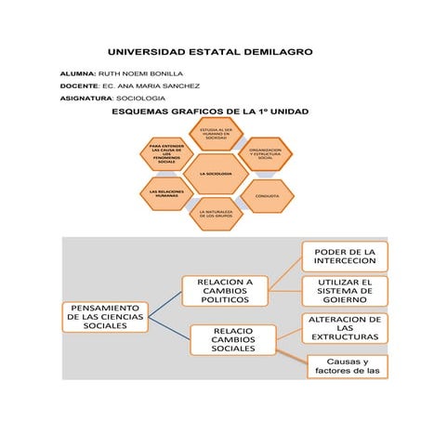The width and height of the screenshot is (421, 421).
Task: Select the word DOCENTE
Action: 78,86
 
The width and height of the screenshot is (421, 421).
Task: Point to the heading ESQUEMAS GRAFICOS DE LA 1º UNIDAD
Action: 210,112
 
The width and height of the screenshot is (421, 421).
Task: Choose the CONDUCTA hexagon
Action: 267,196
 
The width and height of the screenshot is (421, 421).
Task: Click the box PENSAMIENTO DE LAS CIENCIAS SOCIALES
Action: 104,316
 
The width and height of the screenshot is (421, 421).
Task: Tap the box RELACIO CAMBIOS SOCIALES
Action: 227,339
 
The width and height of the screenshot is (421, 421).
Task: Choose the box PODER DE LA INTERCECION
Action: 344,256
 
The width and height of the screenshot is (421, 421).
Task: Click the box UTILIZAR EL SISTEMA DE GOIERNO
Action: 344,291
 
